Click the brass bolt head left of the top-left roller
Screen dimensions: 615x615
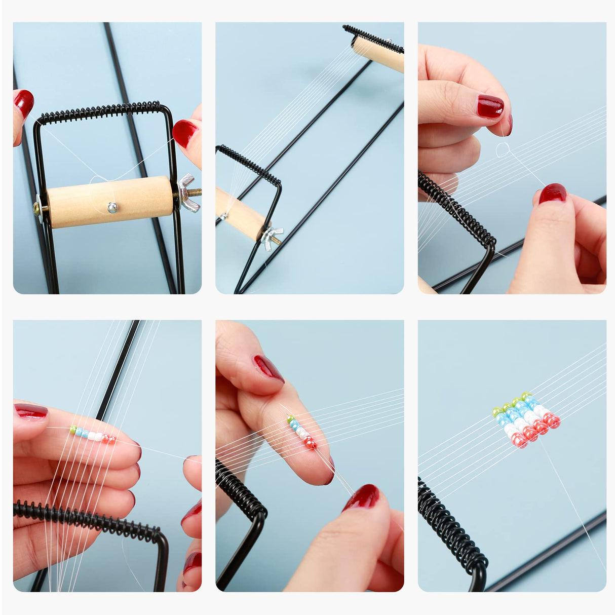point(38,208)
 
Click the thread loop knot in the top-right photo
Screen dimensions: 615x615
point(503,149)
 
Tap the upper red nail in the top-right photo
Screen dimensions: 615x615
point(490,106)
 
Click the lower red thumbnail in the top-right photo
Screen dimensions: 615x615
point(552,194)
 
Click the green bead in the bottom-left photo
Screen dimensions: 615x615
point(73,430)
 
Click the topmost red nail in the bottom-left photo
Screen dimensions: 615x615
point(31,410)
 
